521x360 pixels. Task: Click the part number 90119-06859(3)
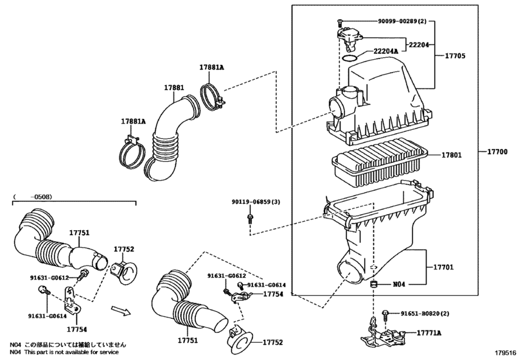coord(256,202)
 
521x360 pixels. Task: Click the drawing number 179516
coord(506,353)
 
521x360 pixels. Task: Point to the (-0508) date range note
coord(33,197)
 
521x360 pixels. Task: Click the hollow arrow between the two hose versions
coord(119,312)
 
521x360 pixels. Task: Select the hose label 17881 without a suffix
coord(173,87)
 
